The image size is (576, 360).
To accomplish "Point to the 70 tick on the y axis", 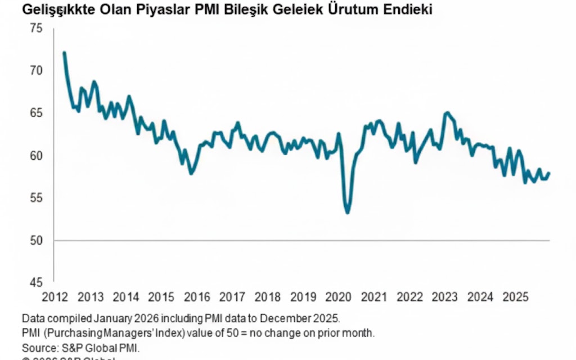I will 37,71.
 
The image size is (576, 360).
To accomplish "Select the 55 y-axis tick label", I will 37,198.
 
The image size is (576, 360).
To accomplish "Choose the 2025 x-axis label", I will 516,296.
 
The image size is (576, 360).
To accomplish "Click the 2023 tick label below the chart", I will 444,296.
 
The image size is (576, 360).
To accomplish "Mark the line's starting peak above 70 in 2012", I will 64,53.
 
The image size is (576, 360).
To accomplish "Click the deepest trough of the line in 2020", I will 348,212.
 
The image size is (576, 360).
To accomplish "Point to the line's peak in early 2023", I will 447,113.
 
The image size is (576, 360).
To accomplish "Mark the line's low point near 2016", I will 191,173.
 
